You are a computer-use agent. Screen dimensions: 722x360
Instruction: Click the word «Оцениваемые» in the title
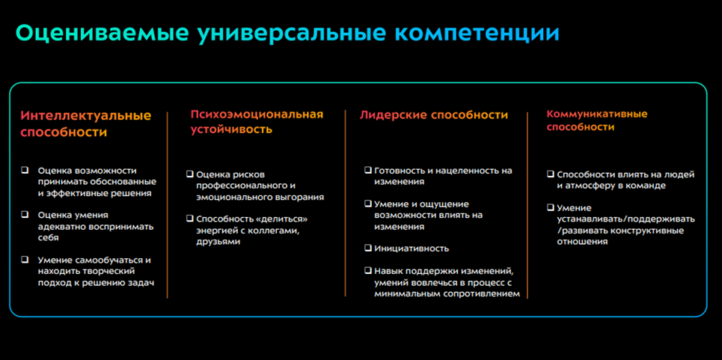click(x=101, y=34)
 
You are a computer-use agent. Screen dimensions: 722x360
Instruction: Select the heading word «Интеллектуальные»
click(x=86, y=115)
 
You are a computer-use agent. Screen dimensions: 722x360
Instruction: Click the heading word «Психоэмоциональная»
click(x=257, y=115)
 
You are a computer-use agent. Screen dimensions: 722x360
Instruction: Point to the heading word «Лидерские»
click(x=394, y=115)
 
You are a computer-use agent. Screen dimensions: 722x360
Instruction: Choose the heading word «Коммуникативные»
click(x=597, y=114)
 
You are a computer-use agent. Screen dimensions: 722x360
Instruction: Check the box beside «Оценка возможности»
click(x=25, y=170)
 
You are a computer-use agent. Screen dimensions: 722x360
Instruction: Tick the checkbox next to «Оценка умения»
click(x=25, y=215)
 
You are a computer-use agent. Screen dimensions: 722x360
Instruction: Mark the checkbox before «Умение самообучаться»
click(x=25, y=260)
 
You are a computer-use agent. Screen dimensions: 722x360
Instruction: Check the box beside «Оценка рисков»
click(x=190, y=174)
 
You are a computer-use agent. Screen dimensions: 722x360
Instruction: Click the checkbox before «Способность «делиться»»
click(x=190, y=219)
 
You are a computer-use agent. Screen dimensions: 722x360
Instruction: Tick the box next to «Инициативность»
click(x=368, y=248)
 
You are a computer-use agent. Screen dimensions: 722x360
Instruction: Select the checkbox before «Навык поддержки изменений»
click(x=368, y=270)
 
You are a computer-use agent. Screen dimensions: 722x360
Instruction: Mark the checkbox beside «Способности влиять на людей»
click(x=550, y=174)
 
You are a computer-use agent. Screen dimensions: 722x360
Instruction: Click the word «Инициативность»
click(x=412, y=248)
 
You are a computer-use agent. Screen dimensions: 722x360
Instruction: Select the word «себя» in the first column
click(x=49, y=238)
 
